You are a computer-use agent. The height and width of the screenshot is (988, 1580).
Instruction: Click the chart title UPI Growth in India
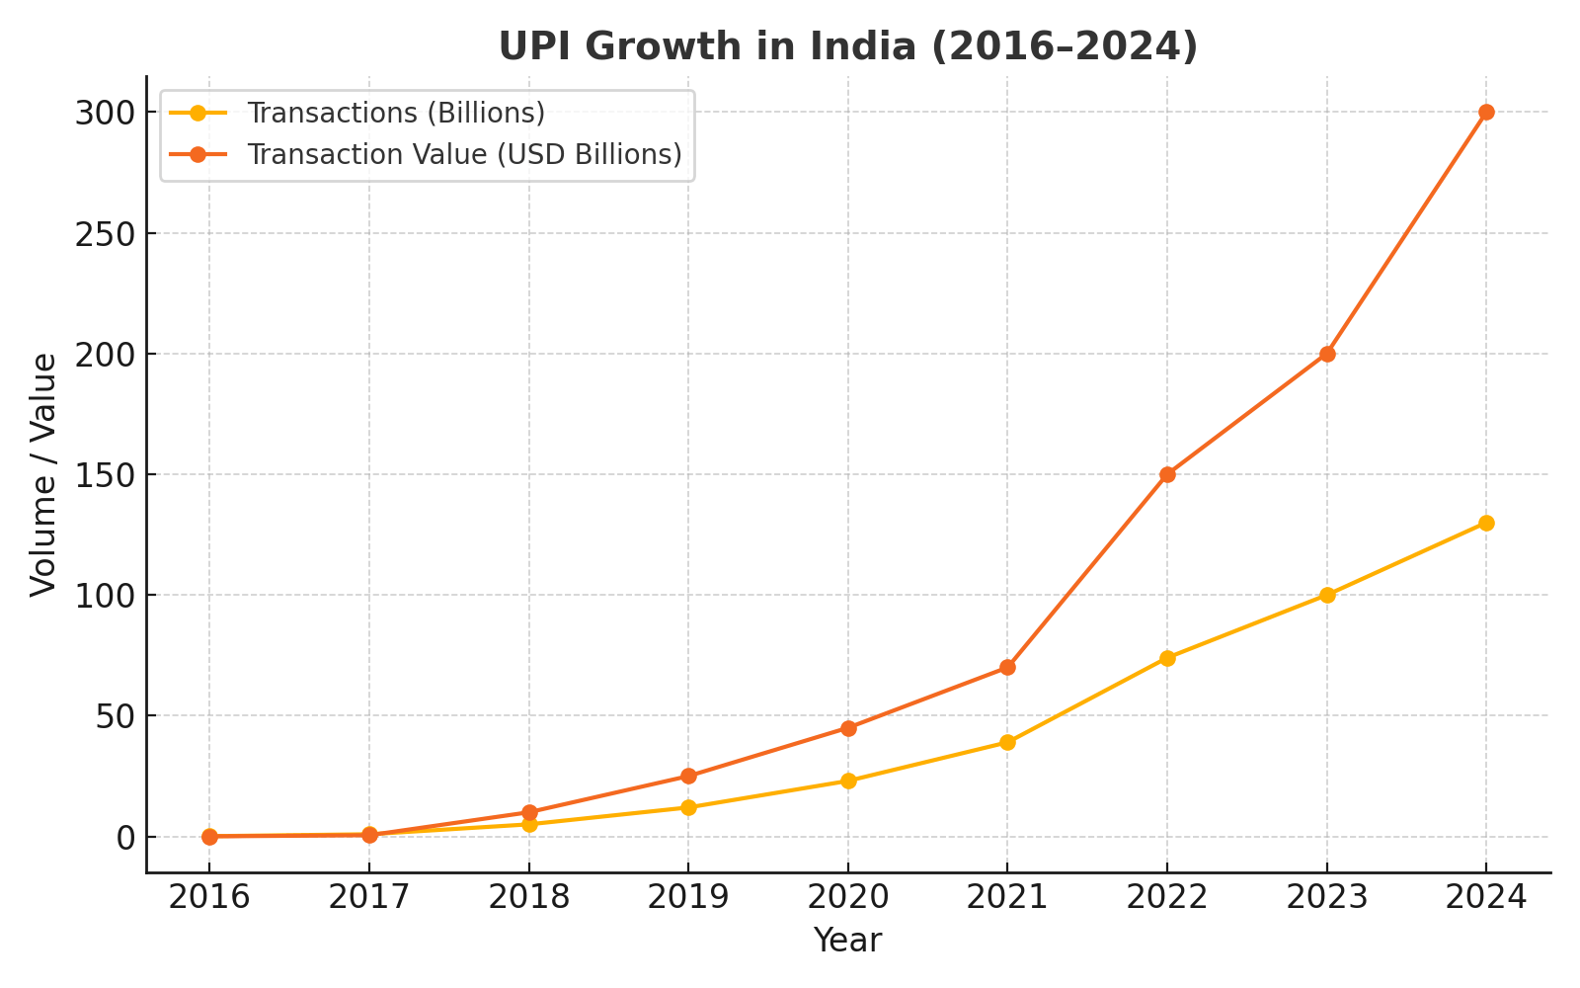[847, 46]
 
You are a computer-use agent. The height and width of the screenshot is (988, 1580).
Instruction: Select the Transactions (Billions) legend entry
[395, 113]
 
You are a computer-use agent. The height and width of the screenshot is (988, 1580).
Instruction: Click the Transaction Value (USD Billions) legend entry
[464, 154]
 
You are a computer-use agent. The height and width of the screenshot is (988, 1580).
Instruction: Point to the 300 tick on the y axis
[104, 113]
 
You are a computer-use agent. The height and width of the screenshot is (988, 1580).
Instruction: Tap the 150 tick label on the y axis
[104, 474]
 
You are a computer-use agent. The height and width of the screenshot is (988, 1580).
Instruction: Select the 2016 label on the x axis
[209, 897]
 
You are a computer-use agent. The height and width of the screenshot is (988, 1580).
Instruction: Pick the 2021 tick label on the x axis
[1007, 897]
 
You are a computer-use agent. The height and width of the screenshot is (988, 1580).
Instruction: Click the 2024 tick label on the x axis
[1486, 897]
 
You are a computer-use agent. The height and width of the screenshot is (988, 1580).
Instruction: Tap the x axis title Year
[847, 941]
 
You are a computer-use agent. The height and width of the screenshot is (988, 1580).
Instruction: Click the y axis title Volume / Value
[43, 474]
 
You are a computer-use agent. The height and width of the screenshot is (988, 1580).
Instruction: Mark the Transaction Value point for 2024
[1486, 113]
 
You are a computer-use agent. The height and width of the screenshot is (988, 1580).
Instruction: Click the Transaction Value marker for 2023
[1327, 354]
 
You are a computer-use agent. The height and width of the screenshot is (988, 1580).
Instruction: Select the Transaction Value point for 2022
[1167, 474]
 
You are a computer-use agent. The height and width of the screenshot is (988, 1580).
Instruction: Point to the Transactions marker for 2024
[1486, 523]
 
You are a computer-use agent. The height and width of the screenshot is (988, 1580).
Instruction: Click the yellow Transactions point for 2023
[1327, 595]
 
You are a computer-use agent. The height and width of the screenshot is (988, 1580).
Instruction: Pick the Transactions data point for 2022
[1167, 658]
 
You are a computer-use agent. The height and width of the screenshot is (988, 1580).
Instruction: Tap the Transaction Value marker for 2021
[1007, 667]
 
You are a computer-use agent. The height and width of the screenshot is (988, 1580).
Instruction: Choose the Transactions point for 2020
[848, 781]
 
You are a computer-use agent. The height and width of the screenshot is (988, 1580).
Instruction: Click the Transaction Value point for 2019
[688, 776]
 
